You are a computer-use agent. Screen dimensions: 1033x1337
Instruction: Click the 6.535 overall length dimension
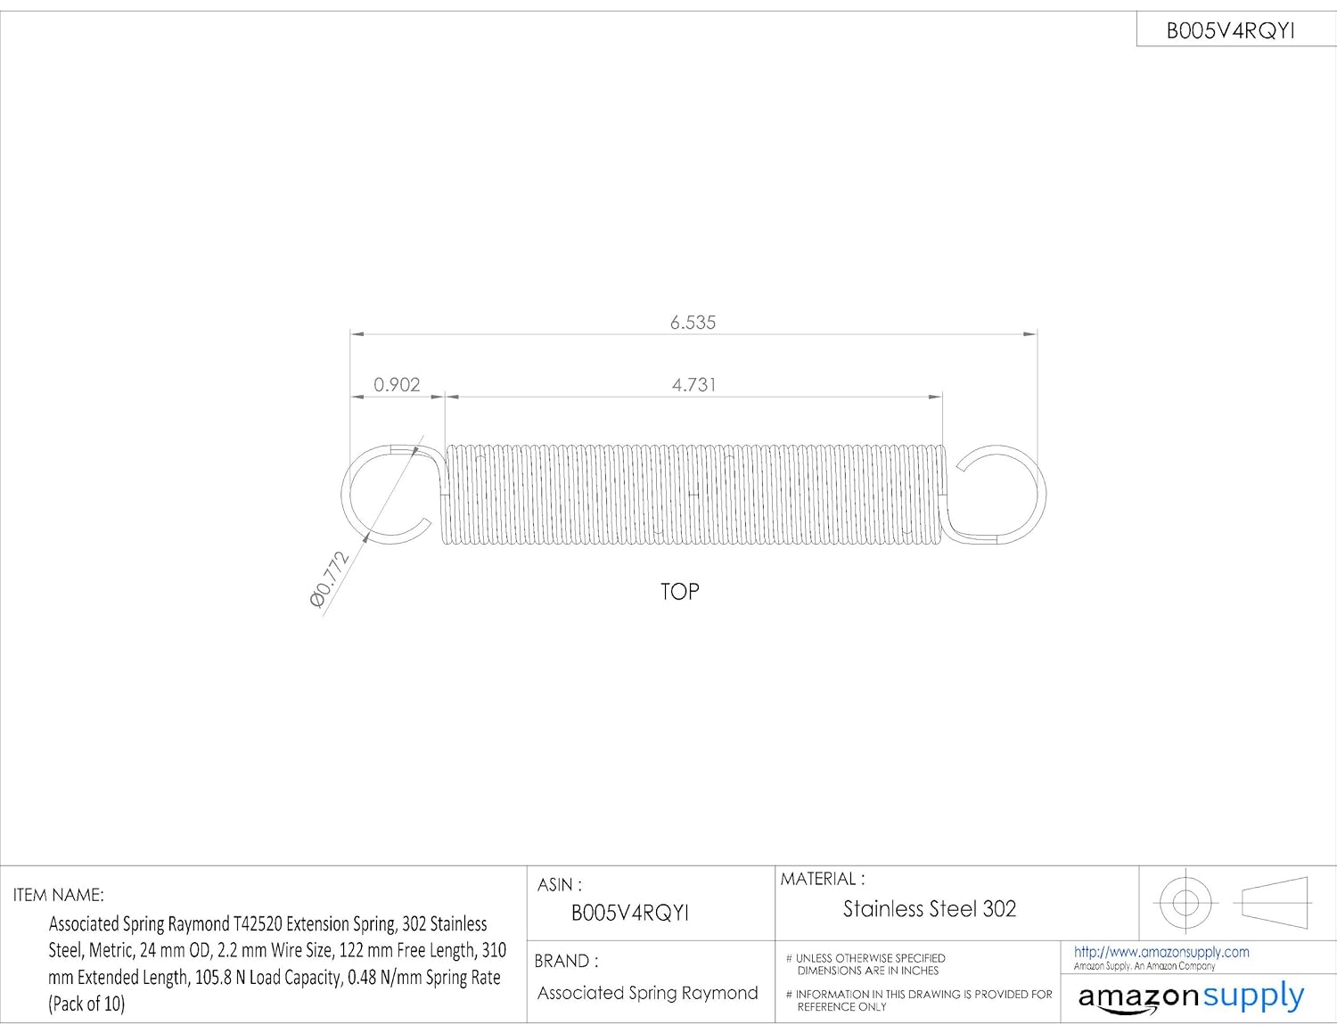pos(693,323)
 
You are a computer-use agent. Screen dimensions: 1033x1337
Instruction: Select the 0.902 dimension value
pos(397,385)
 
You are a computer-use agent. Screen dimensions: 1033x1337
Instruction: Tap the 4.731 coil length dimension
pos(693,385)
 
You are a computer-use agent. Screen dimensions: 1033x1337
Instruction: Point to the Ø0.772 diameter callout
pos(328,579)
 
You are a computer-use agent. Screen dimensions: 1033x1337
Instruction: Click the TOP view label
pos(679,592)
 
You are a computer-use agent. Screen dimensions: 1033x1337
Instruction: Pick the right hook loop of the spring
pos(1003,494)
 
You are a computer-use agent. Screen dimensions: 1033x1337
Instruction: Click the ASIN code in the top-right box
pos(1230,31)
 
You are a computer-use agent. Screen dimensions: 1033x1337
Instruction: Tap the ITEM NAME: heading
pos(59,895)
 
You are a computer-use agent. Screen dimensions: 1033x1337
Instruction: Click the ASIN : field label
pos(559,885)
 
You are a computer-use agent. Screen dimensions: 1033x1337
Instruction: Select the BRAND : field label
pos(566,961)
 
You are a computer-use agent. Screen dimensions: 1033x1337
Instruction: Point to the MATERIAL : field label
pos(822,879)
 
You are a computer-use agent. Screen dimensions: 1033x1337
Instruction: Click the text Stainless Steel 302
pos(929,909)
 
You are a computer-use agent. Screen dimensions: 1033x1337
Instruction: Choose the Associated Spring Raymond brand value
pos(647,993)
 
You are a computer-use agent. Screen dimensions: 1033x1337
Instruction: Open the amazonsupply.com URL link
pos(1161,952)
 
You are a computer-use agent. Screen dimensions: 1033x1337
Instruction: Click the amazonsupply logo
pos(1191,996)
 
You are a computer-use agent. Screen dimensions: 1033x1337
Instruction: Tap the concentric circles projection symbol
pos(1185,902)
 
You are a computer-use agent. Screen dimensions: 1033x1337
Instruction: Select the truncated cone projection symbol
pos(1274,902)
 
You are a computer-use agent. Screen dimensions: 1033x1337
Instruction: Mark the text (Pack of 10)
pos(86,1004)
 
